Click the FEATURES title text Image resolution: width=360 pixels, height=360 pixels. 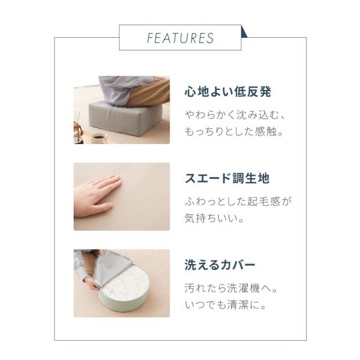click(180, 38)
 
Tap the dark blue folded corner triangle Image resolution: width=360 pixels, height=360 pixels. click(244, 32)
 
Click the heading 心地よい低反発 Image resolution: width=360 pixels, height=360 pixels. click(228, 92)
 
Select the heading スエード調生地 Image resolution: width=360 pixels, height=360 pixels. click(227, 178)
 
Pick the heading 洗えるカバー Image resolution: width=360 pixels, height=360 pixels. click(220, 265)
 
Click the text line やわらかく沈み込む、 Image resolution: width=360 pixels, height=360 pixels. click(235, 115)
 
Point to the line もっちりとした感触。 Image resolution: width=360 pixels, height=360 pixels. click(234, 131)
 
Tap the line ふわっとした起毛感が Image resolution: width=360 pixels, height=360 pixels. click(238, 202)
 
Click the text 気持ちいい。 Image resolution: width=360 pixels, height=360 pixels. click(214, 218)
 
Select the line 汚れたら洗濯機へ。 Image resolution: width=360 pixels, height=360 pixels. click(231, 288)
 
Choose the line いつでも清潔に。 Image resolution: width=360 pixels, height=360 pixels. click(226, 305)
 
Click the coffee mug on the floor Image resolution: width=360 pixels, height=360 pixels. click(99, 139)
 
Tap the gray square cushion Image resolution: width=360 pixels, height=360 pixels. click(125, 119)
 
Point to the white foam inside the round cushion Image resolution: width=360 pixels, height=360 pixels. click(127, 286)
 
